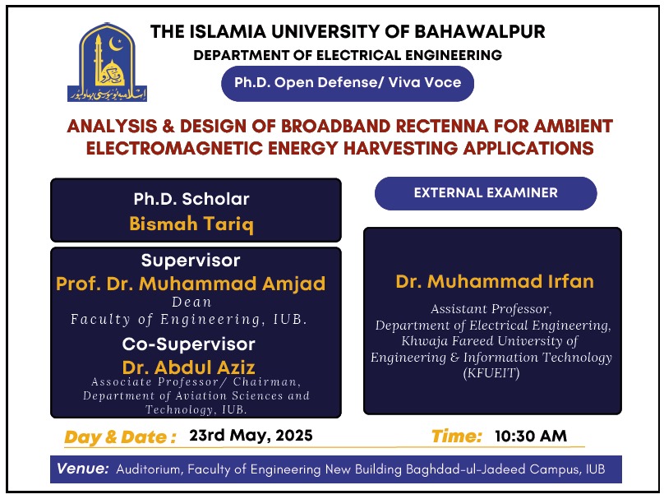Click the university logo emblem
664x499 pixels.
coord(107,62)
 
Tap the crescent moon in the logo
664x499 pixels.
coord(115,44)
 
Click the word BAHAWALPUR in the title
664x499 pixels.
coord(479,32)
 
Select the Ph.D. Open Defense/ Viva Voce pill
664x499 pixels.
coord(348,83)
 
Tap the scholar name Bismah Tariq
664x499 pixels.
coord(191,224)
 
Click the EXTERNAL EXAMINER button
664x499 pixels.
coord(486,193)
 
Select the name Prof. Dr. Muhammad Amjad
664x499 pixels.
coord(191,284)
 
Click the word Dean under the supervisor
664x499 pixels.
coord(191,302)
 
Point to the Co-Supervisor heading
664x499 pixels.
coord(189,344)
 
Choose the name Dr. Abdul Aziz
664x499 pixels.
coord(189,367)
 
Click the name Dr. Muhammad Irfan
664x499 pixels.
coord(495,282)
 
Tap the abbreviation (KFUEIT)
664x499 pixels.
coord(491,373)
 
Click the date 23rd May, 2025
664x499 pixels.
coord(251,436)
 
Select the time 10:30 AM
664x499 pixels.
coord(531,436)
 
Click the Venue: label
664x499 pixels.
coord(83,469)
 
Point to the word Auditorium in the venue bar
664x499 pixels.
coord(148,469)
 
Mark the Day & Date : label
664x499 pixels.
coord(120,437)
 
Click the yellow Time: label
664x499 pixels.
coord(457,437)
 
